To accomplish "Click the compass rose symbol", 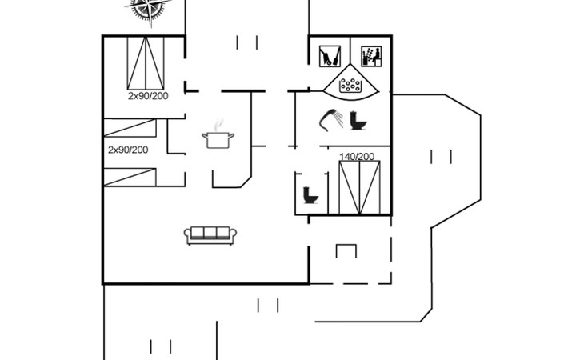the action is (149, 8).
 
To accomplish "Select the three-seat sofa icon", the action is (210, 236).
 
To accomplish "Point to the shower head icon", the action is (331, 119).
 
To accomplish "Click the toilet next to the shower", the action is (358, 120).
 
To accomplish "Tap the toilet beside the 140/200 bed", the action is (310, 194).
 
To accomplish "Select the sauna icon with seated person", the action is (371, 56).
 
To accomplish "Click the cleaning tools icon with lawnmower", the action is (330, 56).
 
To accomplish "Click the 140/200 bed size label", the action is (357, 157).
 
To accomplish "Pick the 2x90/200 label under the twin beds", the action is (148, 96).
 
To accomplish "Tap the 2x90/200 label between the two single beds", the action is (128, 150).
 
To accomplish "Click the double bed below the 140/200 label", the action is (359, 188).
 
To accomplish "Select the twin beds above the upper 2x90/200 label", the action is (146, 63).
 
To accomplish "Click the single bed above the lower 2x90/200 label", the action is (130, 128).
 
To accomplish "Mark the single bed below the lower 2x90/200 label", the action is (130, 178).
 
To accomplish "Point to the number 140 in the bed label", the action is (346, 157).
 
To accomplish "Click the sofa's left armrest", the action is (188, 234).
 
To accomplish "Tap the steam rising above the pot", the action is (219, 124).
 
